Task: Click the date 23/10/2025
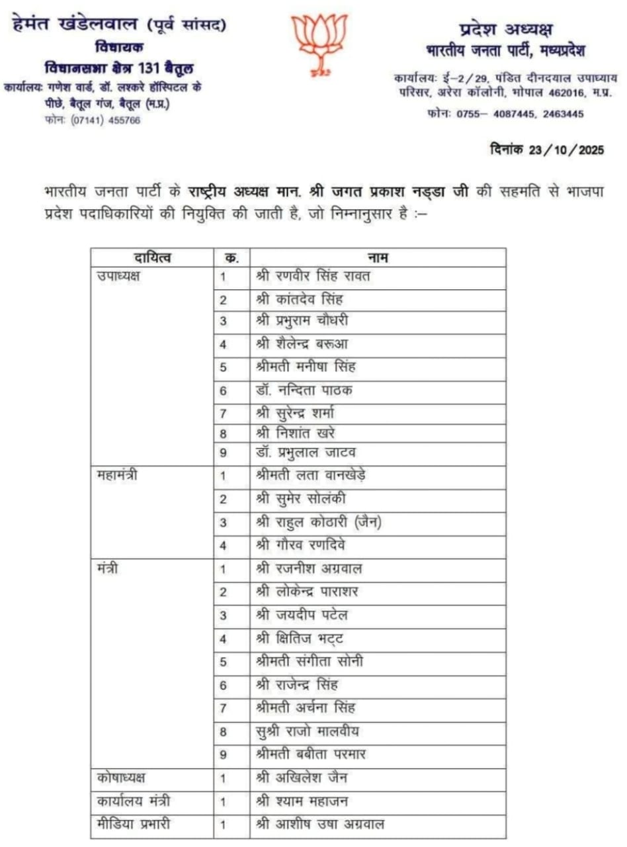click(567, 150)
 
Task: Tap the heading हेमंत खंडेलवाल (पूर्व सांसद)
click(119, 26)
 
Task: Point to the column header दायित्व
click(151, 257)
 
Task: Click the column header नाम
click(378, 257)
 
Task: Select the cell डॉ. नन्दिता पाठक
click(304, 390)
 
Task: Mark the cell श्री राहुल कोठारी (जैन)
click(319, 522)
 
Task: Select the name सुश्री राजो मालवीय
click(307, 731)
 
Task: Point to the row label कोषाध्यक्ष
click(120, 778)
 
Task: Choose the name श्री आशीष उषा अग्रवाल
click(320, 824)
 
